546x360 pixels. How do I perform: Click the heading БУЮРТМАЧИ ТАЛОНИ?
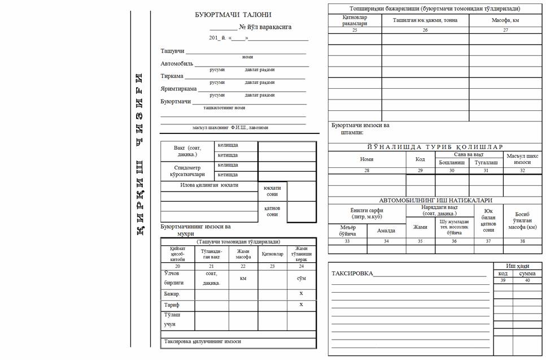click(233, 15)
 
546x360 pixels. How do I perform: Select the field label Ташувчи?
click(172, 51)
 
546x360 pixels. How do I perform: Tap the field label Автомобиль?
click(177, 64)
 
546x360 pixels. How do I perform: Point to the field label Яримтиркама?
click(178, 89)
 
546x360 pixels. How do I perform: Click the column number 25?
click(355, 30)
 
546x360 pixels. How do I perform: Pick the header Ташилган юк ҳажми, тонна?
click(425, 20)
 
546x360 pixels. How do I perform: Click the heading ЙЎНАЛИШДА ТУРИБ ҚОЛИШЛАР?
click(435, 147)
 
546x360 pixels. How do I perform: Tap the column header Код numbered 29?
click(420, 159)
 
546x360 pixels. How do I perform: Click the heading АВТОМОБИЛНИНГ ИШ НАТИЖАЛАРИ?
click(435, 200)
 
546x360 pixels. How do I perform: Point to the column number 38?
click(522, 241)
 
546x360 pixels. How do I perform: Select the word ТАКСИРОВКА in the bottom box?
click(352, 274)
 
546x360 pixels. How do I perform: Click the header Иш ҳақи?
click(518, 266)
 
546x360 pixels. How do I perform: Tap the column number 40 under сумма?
click(527, 280)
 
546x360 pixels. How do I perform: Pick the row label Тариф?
click(172, 305)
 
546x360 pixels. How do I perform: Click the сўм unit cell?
click(301, 278)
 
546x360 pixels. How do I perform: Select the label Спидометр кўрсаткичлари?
click(187, 171)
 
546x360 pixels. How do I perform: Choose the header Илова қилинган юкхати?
click(209, 185)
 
